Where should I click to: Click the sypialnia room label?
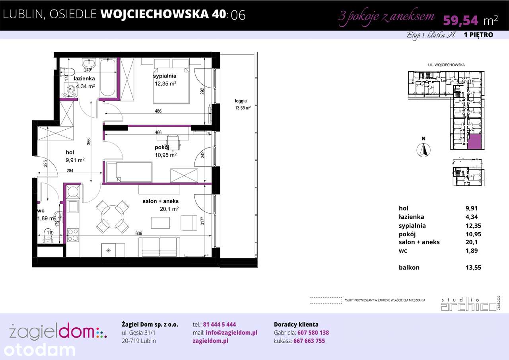(165, 76)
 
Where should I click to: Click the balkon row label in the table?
(409, 267)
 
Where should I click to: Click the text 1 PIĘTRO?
(478, 35)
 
